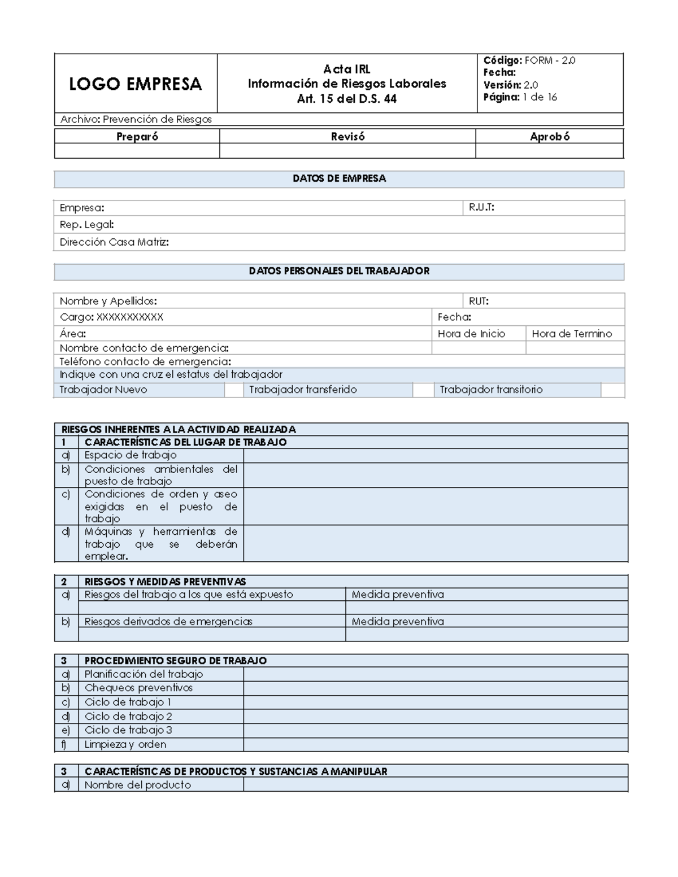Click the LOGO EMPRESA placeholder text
click(x=135, y=84)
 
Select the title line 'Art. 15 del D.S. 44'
click(x=347, y=99)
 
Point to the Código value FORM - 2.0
click(x=550, y=60)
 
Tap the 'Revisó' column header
click(x=347, y=137)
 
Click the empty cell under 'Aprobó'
click(x=549, y=151)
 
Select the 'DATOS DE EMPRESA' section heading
click(x=339, y=178)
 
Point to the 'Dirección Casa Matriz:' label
click(x=114, y=242)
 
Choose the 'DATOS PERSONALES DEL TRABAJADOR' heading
click(x=339, y=271)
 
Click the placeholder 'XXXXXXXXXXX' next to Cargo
click(x=130, y=317)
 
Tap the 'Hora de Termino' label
click(x=572, y=334)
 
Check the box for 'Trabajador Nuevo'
click(x=233, y=390)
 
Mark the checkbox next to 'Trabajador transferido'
click(x=423, y=390)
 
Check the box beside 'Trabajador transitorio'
click(x=612, y=390)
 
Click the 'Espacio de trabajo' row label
click(x=131, y=455)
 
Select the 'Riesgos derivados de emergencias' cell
click(x=168, y=622)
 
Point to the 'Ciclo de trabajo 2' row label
click(x=128, y=717)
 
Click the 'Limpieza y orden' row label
click(x=125, y=745)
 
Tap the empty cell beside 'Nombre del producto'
click(x=435, y=785)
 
